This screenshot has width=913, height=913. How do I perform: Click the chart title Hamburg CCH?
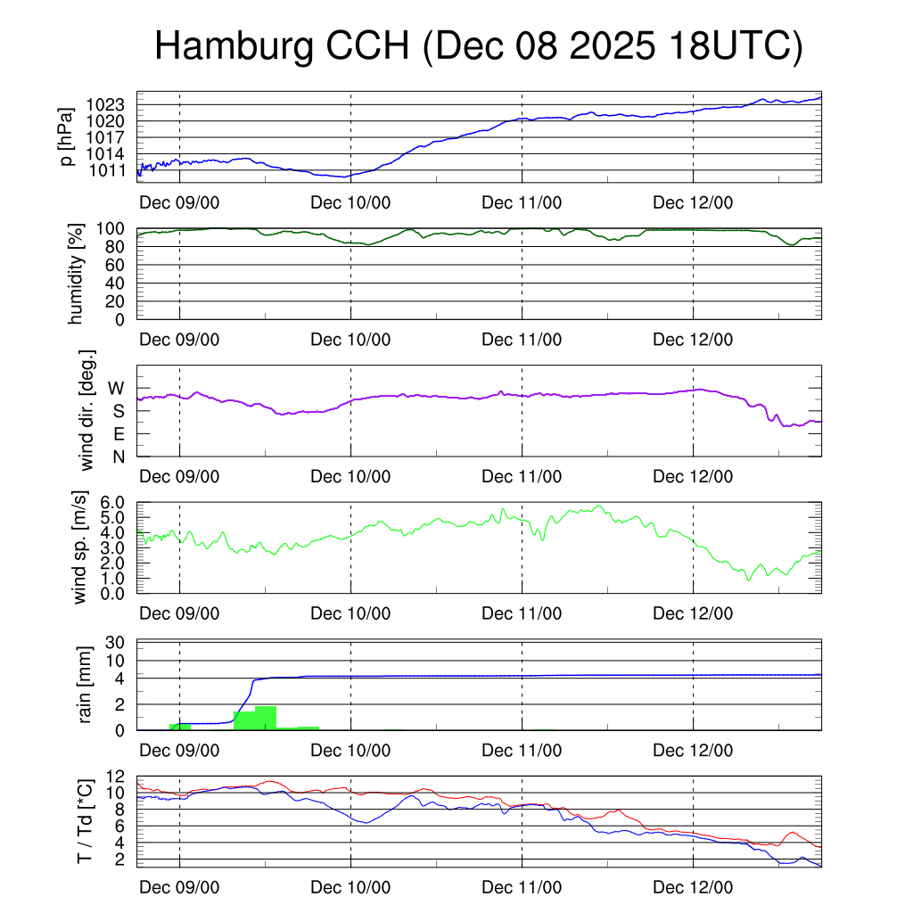480,46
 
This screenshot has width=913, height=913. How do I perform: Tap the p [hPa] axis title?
66,136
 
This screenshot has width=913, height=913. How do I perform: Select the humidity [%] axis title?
77,274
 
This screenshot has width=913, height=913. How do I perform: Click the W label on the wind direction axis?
117,388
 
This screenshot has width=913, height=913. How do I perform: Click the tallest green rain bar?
266,718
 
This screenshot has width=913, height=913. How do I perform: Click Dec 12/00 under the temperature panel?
693,888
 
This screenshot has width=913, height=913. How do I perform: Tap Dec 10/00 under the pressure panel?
350,202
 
